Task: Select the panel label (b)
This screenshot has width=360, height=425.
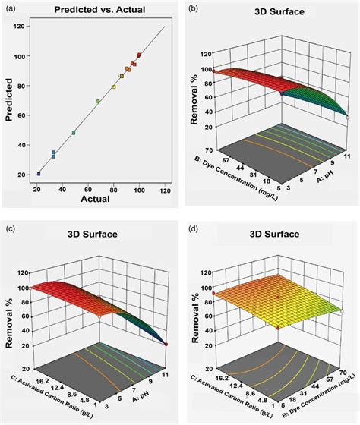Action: pyautogui.click(x=192, y=8)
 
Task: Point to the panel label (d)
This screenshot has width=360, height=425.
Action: pyautogui.click(x=192, y=228)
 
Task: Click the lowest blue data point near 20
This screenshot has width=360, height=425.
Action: pyautogui.click(x=38, y=174)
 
